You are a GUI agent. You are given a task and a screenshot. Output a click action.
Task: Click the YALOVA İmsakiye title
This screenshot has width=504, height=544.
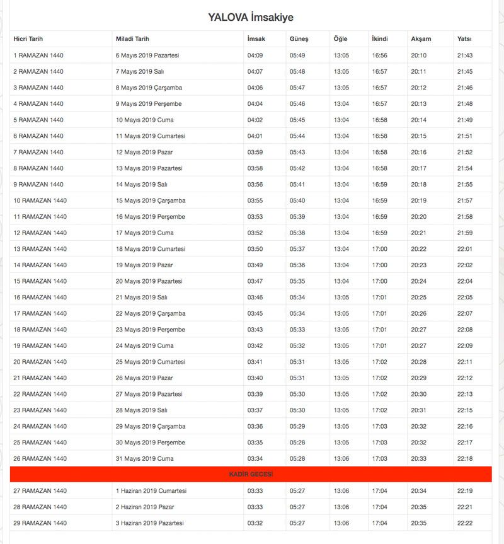coord(251,18)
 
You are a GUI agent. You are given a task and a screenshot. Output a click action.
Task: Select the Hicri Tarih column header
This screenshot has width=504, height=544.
coord(28,39)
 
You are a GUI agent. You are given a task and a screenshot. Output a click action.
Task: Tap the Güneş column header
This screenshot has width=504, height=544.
coord(299,39)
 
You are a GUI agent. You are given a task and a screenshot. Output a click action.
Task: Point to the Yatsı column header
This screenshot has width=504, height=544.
coord(464,39)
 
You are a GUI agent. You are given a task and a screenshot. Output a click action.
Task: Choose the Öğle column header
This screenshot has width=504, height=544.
coord(340,39)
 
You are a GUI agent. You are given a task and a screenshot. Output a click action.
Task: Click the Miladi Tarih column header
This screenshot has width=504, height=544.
coord(132,39)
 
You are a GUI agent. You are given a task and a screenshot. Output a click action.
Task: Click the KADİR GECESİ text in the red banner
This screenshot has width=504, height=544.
coord(251,474)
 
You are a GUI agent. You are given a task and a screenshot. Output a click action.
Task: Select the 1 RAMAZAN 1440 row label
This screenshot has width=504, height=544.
coord(38,55)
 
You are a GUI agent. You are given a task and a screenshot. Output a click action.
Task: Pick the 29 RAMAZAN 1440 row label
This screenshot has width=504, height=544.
coord(40,523)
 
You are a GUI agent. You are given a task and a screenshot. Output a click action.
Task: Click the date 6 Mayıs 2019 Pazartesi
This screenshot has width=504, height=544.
coord(147,55)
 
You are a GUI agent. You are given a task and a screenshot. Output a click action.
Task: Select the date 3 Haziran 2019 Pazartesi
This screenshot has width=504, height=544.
coord(149,523)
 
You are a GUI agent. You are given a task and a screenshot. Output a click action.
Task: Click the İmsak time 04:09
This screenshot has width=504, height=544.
coord(255,55)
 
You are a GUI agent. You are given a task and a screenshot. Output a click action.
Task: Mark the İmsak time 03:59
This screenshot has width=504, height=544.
coord(255,152)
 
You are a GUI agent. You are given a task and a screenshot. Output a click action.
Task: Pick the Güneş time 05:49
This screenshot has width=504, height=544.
coord(297,55)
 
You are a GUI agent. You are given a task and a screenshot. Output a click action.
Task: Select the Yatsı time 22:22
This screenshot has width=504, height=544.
coord(465,523)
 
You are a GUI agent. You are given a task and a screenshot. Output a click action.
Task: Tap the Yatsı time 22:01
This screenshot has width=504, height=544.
coord(465,249)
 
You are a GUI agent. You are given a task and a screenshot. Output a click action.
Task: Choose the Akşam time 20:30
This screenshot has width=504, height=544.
coord(418,394)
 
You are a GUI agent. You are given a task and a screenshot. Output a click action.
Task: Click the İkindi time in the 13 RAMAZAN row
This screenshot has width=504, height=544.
coord(380,249)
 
